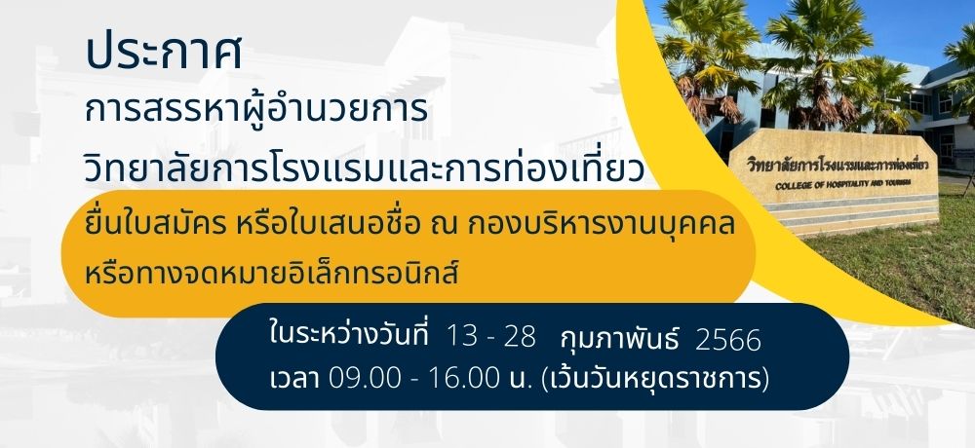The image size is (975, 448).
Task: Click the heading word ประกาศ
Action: click(x=164, y=53)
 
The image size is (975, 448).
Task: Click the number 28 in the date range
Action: click(x=520, y=337)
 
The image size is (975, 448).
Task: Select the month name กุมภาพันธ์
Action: click(x=619, y=339)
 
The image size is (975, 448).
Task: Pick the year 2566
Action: click(x=727, y=341)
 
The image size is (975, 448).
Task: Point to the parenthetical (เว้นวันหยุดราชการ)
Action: click(x=655, y=379)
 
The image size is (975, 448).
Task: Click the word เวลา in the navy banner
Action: click(x=294, y=379)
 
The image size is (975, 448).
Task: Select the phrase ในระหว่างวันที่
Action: click(x=349, y=336)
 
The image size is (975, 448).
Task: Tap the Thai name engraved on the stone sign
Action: click(x=838, y=165)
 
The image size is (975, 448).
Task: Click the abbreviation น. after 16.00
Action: click(x=521, y=379)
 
